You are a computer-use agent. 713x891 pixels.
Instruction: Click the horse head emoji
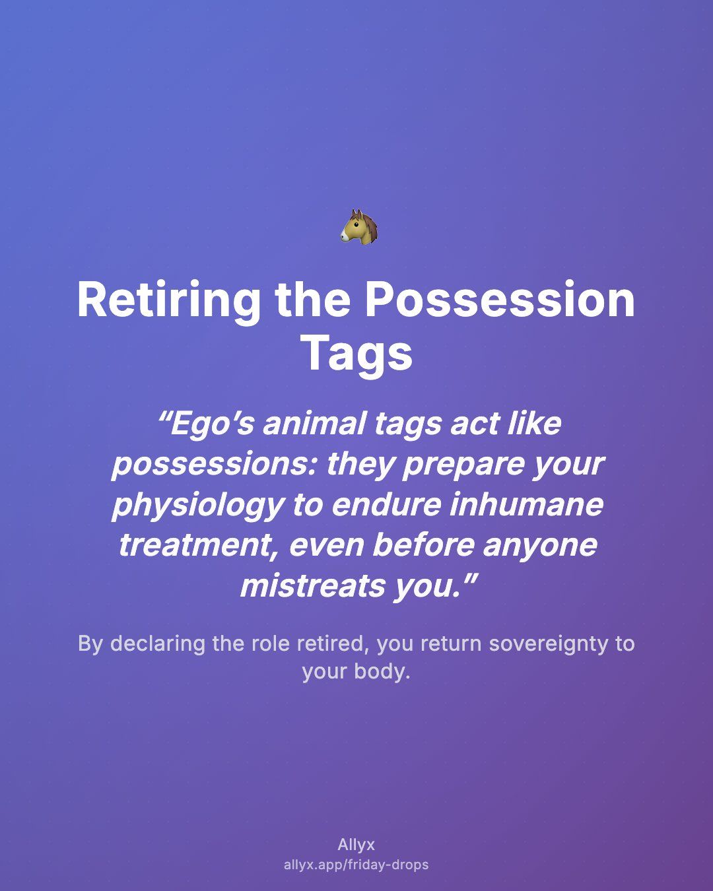click(358, 226)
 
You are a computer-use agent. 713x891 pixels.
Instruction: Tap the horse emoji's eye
click(356, 225)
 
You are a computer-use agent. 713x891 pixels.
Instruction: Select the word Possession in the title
click(499, 300)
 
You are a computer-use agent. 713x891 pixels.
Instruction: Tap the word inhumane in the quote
click(526, 504)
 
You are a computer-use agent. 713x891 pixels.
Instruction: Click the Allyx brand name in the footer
click(356, 845)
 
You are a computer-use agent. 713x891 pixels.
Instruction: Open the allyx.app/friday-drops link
click(356, 865)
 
